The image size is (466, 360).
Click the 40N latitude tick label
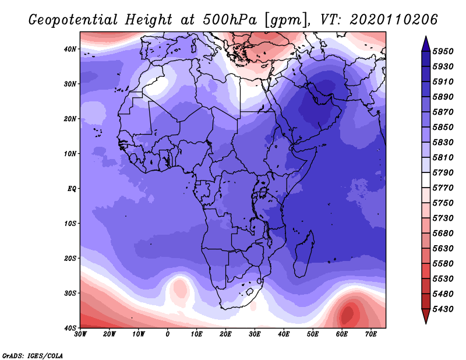tap(69, 49)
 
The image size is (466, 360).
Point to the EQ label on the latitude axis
tap(72, 189)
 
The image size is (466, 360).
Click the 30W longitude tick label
tap(80, 334)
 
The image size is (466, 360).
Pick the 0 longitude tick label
tap(168, 334)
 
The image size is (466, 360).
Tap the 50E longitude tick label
tap(313, 334)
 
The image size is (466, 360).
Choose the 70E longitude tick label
tap(371, 334)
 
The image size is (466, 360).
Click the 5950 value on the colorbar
tap(443, 51)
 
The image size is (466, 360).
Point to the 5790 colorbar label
tap(443, 172)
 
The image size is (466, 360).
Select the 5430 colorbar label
tap(443, 309)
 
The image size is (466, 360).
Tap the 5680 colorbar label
tap(443, 234)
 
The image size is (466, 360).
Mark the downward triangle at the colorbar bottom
tap(426, 315)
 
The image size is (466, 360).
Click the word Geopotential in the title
tap(73, 20)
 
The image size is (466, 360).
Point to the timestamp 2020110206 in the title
tap(394, 20)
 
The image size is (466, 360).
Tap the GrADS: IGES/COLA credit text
tap(33, 356)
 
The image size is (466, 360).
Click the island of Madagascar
tap(303, 254)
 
